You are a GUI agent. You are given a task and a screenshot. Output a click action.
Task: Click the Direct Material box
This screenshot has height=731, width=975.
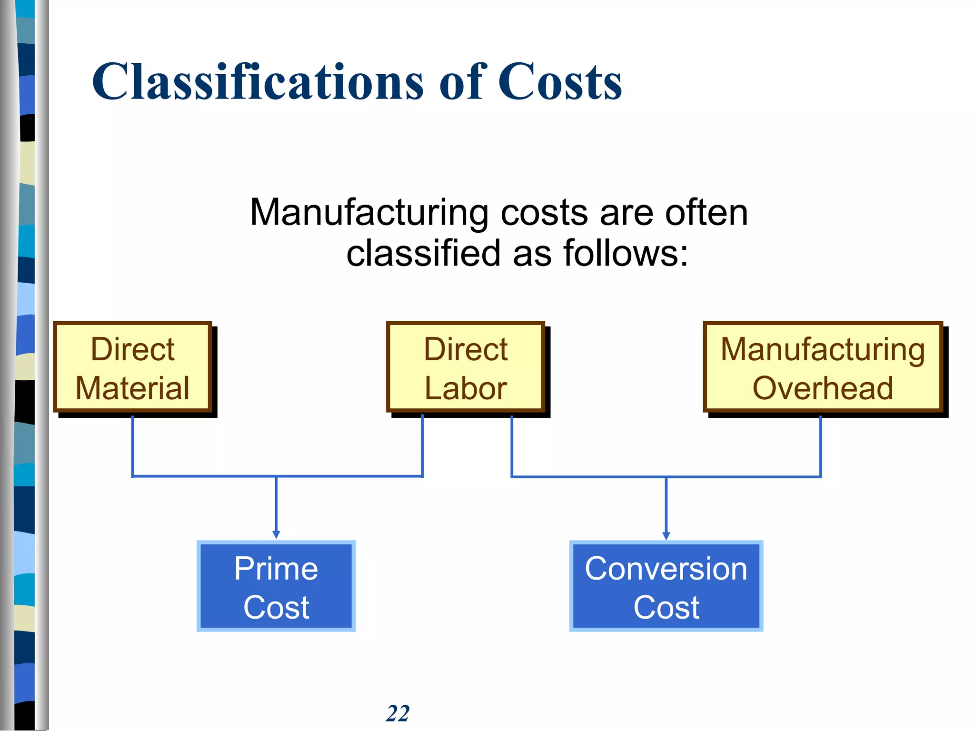tap(132, 367)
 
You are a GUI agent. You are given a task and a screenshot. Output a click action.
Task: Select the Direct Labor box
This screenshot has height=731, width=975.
tap(465, 367)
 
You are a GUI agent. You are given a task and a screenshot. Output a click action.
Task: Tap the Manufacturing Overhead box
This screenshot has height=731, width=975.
tap(823, 367)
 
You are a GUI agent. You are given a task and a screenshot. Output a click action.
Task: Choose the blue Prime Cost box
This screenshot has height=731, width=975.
tap(276, 586)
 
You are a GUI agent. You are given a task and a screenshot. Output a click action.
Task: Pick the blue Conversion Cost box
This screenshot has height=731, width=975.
tap(666, 586)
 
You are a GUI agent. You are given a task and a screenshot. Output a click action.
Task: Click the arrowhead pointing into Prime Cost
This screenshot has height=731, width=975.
tap(276, 535)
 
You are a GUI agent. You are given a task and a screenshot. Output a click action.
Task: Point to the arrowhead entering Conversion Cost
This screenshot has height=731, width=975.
tap(666, 535)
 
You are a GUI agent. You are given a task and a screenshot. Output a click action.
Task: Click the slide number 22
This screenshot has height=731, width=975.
tap(398, 713)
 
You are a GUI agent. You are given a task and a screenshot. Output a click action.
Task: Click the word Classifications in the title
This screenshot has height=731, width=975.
tap(258, 82)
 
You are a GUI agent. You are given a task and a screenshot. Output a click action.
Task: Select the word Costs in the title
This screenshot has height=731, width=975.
tap(560, 82)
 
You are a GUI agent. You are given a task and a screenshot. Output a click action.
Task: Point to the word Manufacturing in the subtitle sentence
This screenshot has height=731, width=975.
tap(369, 213)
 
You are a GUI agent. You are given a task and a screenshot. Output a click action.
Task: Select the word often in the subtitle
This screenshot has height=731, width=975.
tap(706, 213)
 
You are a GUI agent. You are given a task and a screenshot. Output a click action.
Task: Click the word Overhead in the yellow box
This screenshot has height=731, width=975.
tap(823, 388)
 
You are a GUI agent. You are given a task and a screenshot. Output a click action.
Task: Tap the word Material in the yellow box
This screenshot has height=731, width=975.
tap(132, 388)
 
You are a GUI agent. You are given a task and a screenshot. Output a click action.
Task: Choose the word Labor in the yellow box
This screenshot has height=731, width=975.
tap(465, 388)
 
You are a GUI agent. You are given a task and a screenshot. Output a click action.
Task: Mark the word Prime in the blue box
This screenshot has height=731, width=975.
tap(276, 568)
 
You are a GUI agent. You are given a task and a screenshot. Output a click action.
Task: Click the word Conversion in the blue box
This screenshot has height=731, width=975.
tap(666, 568)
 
